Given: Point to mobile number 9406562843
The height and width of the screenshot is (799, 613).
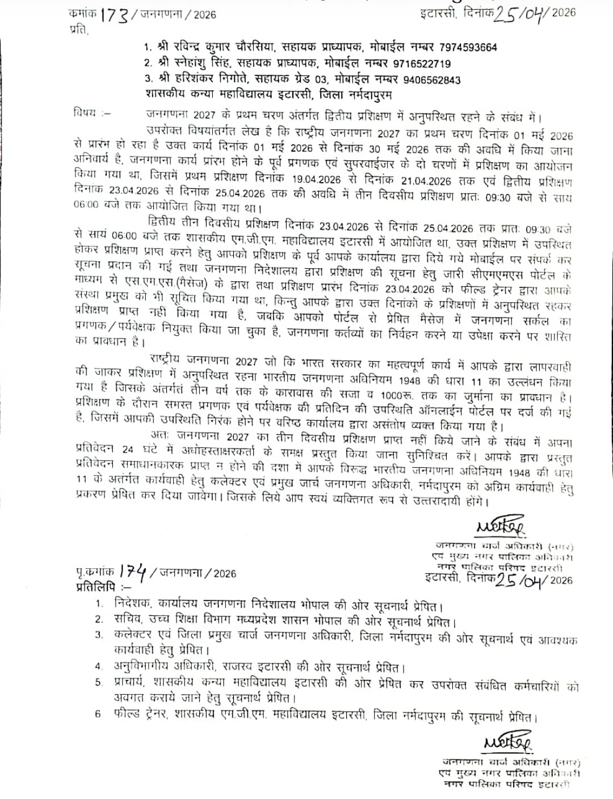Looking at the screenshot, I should click(426, 80).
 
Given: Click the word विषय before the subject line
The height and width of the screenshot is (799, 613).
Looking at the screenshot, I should click(83, 112).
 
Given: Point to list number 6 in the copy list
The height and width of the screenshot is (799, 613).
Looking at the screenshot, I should click(98, 714).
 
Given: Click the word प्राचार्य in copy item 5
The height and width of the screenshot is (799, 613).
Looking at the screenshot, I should click(132, 684).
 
